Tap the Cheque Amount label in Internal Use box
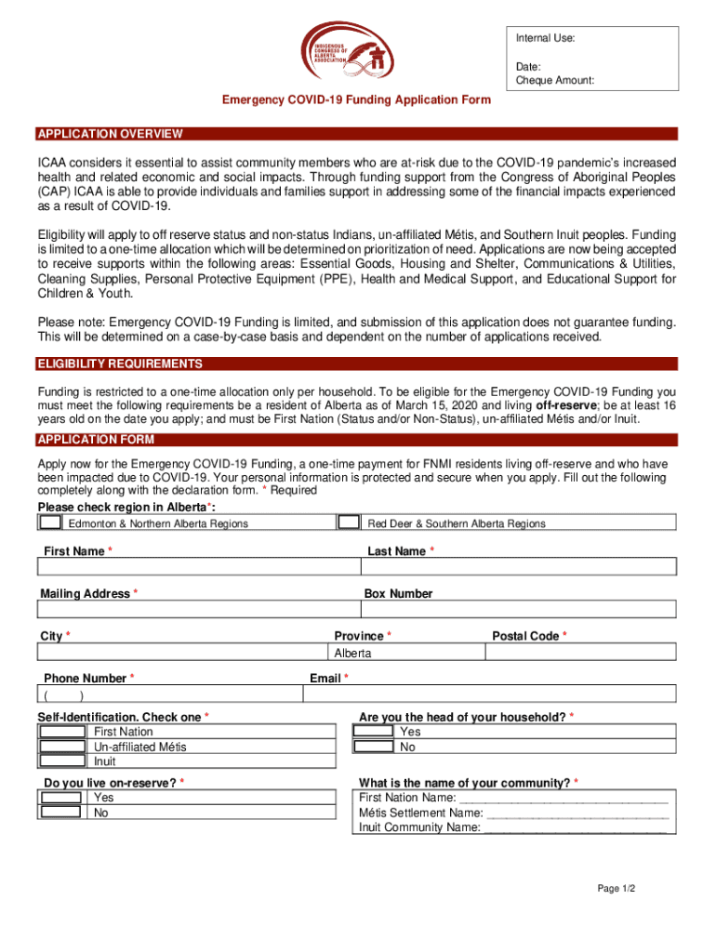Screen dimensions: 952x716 555,81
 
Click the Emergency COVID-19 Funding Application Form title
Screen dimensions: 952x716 355,100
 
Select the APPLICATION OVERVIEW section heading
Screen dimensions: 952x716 110,134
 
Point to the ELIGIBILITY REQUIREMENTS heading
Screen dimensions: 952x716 119,364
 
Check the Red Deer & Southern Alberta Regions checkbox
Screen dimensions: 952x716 349,523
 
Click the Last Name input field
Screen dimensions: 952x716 519,567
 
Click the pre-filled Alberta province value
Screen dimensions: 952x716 353,653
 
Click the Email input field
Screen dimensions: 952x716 492,694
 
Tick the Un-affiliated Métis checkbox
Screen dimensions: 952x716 62,747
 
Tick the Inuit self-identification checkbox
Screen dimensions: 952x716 62,761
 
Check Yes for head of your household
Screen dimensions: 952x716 374,732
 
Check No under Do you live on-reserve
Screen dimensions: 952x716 62,813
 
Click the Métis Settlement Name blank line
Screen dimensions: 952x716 577,813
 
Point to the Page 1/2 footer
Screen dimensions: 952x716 616,889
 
